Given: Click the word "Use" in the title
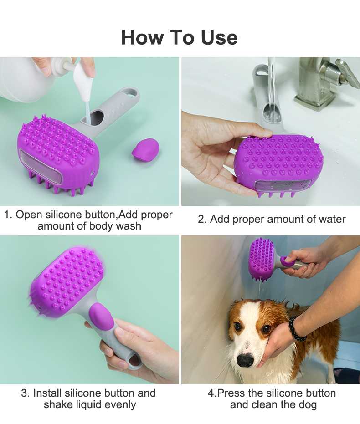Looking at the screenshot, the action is [x=219, y=37].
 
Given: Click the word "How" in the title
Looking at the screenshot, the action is [x=142, y=37].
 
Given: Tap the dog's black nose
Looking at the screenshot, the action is [x=245, y=359].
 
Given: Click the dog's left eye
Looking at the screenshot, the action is [x=266, y=329].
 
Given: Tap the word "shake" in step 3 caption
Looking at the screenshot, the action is [x=57, y=404].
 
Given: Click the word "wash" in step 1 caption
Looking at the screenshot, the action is [x=129, y=226].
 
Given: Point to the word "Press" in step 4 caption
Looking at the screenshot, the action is [x=231, y=393].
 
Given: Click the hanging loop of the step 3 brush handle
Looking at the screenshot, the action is [x=134, y=362].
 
